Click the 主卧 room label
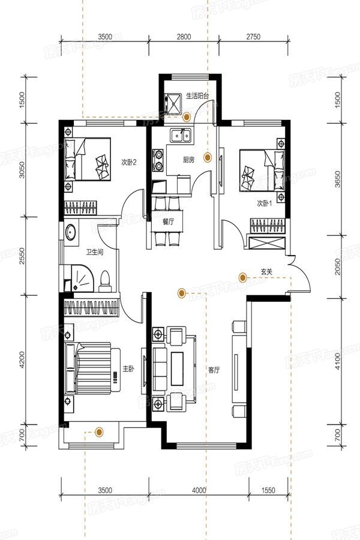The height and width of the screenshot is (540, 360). [128, 369]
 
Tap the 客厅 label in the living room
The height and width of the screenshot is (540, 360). [214, 370]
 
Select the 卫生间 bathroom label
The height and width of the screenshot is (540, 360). [95, 252]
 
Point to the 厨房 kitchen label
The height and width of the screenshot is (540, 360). [188, 160]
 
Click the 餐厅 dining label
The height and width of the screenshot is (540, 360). [169, 222]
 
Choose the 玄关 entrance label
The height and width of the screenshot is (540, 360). [266, 272]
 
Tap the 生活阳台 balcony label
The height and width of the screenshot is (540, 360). [197, 95]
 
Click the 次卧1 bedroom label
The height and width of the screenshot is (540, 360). [265, 203]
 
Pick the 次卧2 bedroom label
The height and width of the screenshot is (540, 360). [129, 162]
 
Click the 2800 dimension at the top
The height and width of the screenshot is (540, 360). [184, 37]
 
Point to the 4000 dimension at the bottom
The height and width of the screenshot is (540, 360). [199, 490]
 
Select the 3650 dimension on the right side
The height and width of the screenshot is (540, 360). [338, 179]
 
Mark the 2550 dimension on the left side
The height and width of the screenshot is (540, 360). [22, 256]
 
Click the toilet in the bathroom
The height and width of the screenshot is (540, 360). [105, 281]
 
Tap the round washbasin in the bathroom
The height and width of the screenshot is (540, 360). [71, 232]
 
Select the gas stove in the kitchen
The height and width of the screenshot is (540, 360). [158, 160]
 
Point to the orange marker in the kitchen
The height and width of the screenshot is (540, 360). [207, 158]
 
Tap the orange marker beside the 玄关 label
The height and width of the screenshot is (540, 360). [242, 277]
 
